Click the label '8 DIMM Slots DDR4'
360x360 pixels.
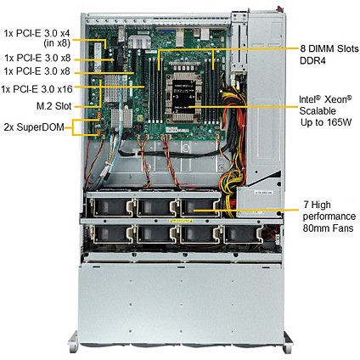coord(329,54)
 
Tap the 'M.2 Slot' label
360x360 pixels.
coord(53,106)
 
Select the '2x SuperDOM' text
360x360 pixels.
coord(34,127)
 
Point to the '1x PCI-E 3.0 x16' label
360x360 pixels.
coord(37,89)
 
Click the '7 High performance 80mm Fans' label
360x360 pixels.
coord(329,217)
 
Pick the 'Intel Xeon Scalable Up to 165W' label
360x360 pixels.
coord(325,111)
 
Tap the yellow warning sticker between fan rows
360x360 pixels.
coord(181,221)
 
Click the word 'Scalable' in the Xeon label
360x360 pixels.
coord(318,111)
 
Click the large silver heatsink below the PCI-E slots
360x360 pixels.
coord(112,88)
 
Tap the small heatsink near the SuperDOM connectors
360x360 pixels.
coord(121,118)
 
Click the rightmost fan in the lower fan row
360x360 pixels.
coord(243,234)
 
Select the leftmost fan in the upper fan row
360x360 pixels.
coord(111,207)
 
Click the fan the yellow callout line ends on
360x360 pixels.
coord(200,207)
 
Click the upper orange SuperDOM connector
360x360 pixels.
coord(99,115)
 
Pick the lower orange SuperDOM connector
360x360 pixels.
coord(99,132)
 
